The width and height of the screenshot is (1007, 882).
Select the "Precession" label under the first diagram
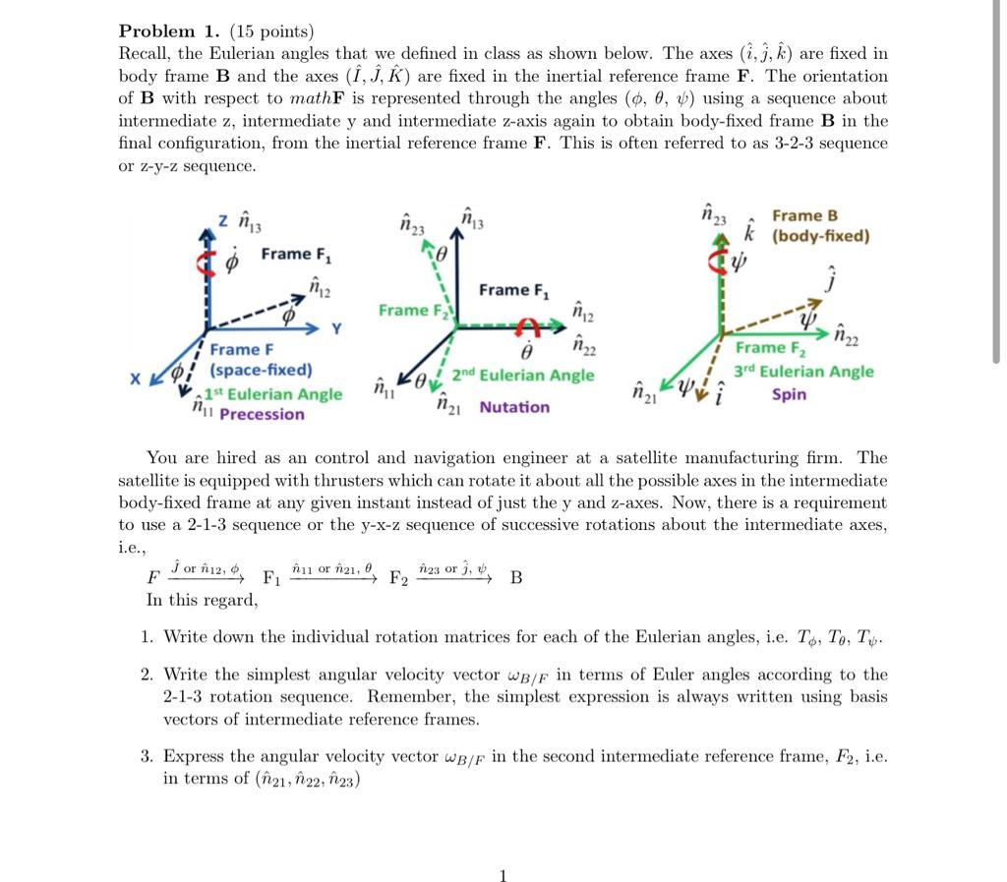(262, 414)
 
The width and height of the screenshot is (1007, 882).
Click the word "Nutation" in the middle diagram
(514, 407)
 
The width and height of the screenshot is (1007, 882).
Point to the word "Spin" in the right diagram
(789, 394)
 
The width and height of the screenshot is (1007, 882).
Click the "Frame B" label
(804, 215)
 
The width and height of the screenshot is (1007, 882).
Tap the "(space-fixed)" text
(260, 371)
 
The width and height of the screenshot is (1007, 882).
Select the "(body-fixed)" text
(820, 236)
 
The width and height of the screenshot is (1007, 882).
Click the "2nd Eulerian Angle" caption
(523, 376)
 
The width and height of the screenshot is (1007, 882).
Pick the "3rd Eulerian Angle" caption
(802, 372)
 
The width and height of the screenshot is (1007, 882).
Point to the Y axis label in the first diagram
(336, 327)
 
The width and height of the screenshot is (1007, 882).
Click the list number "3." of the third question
(147, 756)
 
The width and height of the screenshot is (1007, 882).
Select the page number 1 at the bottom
(503, 876)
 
